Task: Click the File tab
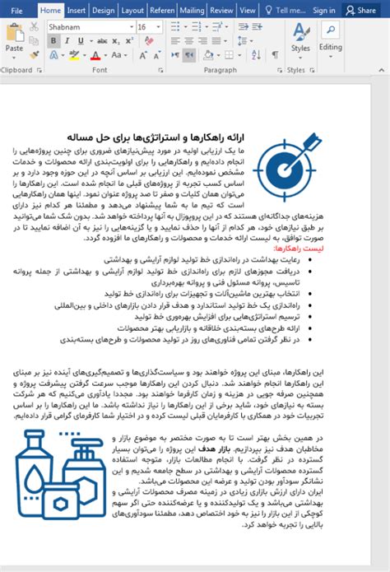(x=17, y=11)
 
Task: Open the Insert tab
(x=77, y=11)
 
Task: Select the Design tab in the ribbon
(x=104, y=11)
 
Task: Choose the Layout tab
(x=132, y=11)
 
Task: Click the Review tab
(x=221, y=11)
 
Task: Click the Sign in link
(x=324, y=11)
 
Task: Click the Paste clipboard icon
(x=14, y=36)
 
